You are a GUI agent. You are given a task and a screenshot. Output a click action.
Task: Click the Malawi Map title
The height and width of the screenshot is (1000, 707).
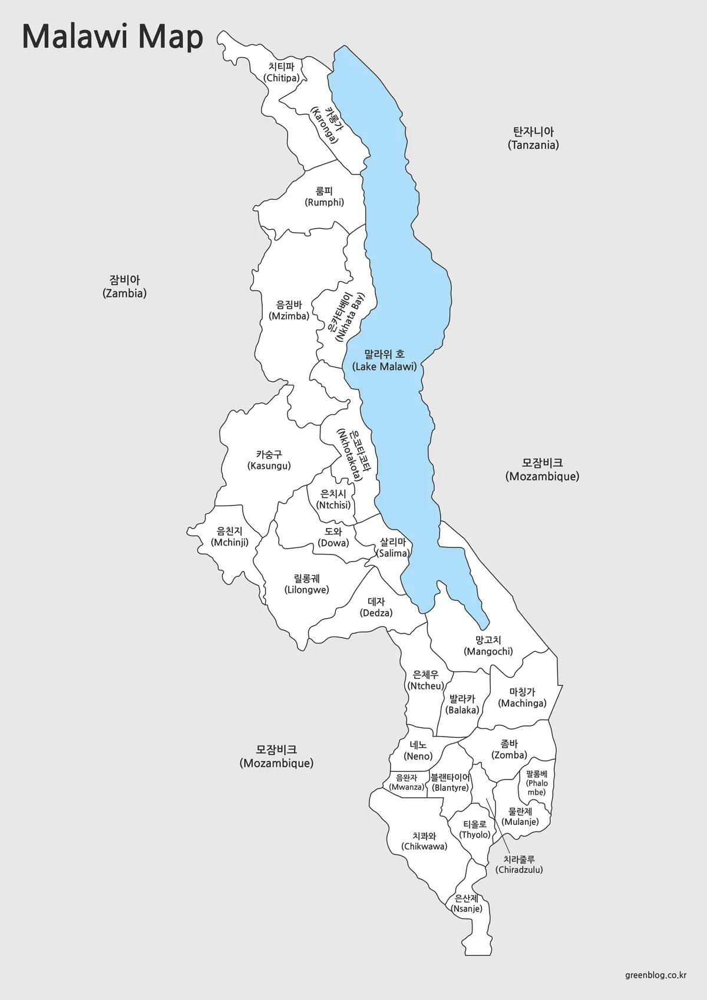113,37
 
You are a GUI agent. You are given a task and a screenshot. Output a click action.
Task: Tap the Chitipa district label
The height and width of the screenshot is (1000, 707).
282,72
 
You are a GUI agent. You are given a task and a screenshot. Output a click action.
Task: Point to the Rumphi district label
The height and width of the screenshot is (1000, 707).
325,197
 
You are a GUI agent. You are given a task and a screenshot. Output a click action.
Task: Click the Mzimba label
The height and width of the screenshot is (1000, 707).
289,311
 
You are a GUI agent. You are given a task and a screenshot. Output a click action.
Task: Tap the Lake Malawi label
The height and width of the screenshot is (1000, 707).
385,361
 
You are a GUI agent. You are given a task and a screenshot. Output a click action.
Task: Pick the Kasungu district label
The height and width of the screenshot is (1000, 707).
269,460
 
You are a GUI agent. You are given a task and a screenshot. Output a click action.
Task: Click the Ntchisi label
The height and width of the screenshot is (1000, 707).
333,499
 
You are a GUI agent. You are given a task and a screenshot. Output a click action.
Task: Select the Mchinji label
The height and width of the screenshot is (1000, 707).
230,537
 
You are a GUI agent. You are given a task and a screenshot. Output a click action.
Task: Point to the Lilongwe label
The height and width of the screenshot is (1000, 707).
307,584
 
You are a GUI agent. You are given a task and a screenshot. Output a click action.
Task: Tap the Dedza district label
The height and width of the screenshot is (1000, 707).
376,607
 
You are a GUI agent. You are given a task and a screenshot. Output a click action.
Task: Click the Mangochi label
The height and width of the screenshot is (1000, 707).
488,645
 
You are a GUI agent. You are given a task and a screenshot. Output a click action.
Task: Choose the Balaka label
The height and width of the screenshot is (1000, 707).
462,704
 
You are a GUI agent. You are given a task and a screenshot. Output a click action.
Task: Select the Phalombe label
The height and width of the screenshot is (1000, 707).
537,783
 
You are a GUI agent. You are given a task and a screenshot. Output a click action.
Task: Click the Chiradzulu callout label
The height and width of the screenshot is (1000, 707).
519,864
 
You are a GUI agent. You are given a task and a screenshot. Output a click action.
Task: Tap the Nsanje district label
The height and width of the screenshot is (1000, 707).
467,903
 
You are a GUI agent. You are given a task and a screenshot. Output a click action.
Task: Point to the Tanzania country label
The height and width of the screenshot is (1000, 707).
533,138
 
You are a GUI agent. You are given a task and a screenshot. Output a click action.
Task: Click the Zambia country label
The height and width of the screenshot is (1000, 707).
124,286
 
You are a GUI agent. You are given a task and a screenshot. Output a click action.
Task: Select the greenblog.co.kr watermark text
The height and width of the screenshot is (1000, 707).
656,975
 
